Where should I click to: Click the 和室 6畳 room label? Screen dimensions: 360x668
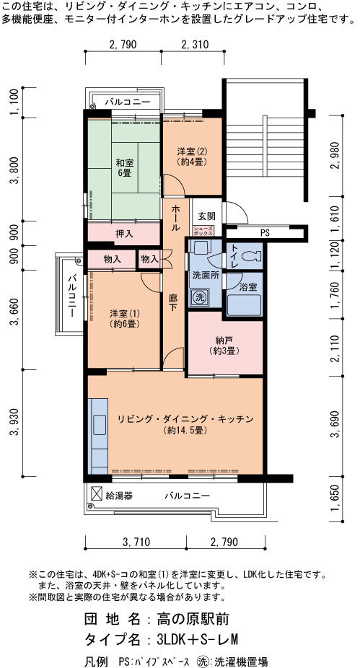tap(125, 167)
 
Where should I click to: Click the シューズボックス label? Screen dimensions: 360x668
tap(203, 230)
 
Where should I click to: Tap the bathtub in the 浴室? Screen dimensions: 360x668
tap(244, 305)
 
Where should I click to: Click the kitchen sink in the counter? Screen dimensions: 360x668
tap(100, 424)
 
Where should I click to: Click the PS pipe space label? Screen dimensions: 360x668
tap(265, 233)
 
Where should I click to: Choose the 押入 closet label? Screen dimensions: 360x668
tap(124, 234)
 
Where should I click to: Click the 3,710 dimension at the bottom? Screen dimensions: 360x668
tap(136, 542)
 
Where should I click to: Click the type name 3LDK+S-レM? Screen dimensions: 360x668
tap(197, 639)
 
